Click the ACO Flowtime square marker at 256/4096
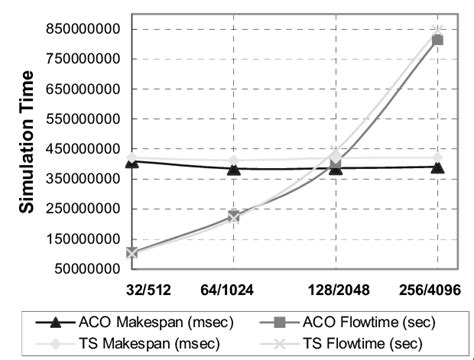438,40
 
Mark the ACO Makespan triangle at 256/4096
438,167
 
